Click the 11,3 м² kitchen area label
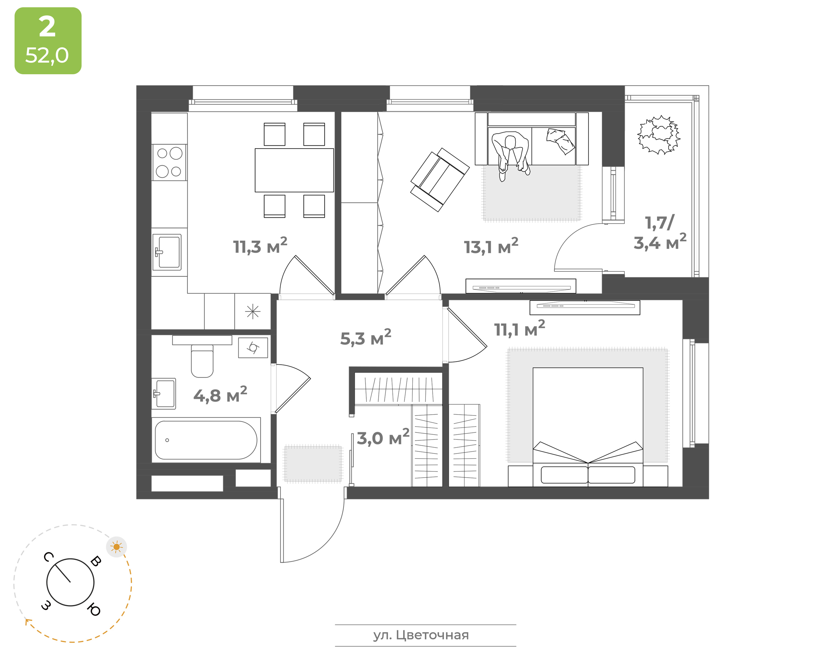[260, 245]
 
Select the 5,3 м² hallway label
[366, 337]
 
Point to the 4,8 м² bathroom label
[220, 394]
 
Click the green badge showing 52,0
[48, 41]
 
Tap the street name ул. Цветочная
[421, 635]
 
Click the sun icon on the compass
[117, 547]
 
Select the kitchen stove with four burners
[169, 162]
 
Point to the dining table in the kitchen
[294, 170]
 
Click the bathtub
[206, 440]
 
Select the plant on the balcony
[659, 135]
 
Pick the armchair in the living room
[440, 180]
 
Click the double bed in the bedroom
[588, 427]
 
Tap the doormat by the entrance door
[313, 464]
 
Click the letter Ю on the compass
[94, 610]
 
